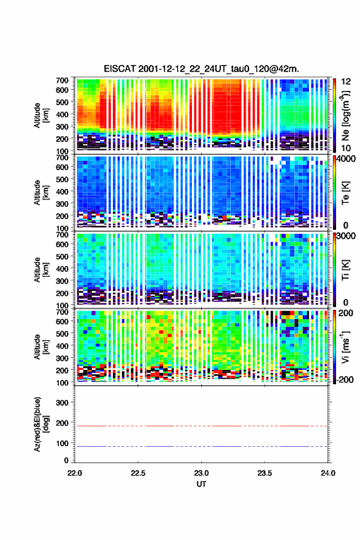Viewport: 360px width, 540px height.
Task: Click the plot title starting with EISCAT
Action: coord(201,69)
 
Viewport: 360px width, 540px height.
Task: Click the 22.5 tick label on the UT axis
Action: coord(138,473)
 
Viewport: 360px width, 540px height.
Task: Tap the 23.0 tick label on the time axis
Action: coord(201,473)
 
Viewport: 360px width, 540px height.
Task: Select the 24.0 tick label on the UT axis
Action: coord(327,473)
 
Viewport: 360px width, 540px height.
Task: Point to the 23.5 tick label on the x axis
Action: coord(264,473)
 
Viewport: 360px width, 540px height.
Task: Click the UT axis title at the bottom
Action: coord(201,484)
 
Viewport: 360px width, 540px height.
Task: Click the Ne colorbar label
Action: coord(346,115)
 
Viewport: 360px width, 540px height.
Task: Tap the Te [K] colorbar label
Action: coord(345,193)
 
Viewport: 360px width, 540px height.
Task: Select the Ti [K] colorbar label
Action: coord(345,270)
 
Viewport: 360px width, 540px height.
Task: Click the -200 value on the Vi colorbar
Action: coord(345,379)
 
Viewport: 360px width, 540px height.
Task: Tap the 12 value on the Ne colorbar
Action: coord(346,82)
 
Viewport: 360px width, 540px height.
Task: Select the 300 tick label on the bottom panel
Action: coord(62,403)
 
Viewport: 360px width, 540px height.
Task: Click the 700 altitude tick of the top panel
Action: coord(62,80)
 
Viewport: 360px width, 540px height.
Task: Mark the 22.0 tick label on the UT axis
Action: coord(75,473)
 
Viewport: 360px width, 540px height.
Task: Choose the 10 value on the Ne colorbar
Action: coord(346,148)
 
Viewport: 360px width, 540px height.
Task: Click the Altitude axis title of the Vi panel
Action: coord(40,347)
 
